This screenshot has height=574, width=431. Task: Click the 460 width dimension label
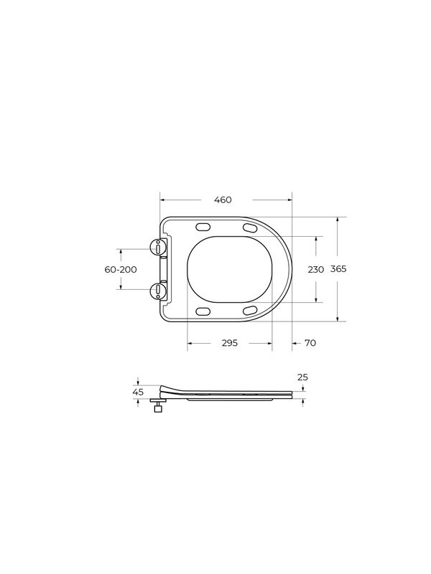point(223,200)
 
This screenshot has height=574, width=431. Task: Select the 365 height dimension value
point(338,269)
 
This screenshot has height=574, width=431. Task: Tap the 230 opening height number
point(315,269)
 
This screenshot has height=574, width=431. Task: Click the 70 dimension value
point(310,344)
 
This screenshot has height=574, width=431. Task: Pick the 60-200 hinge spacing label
point(120,269)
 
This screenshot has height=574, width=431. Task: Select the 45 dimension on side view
point(139,392)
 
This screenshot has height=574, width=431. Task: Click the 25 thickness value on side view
point(302,377)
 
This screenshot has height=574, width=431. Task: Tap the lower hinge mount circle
point(157,291)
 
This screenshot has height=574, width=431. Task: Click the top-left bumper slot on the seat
point(203,227)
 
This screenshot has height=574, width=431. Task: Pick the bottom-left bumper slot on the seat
point(203,311)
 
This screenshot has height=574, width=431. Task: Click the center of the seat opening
point(230,269)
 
